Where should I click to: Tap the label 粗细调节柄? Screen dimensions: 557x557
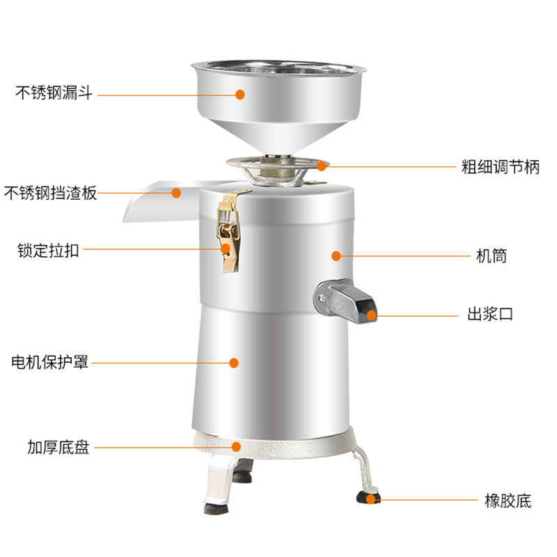click(501, 167)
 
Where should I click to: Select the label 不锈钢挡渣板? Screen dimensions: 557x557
click(50, 194)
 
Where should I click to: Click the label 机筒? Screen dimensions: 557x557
click(491, 256)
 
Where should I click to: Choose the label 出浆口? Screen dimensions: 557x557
click(489, 315)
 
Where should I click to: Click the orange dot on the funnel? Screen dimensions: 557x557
click(240, 94)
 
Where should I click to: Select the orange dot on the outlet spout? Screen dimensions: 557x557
click(372, 315)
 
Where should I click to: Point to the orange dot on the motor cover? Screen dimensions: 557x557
click(235, 363)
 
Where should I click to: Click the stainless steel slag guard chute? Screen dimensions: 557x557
click(157, 202)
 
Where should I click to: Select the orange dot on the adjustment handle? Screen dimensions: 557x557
click(320, 166)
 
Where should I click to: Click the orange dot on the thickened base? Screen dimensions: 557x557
click(237, 447)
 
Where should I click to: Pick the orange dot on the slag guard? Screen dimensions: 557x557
click(176, 193)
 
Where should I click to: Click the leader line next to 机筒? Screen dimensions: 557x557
click(404, 256)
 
